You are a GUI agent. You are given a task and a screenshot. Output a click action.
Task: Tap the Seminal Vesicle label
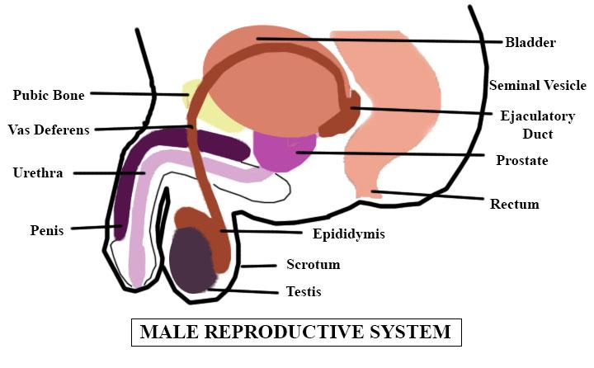tap(537, 85)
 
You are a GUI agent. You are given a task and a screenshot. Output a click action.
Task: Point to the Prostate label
tap(521, 160)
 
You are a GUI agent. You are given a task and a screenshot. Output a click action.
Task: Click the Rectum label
tap(514, 204)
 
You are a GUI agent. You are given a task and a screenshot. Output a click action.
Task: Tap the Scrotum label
tap(313, 265)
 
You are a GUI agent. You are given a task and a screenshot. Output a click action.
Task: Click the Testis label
tap(303, 291)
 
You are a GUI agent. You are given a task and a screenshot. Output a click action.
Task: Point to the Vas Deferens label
tap(49, 130)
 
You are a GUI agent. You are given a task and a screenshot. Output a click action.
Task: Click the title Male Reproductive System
tap(295, 333)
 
